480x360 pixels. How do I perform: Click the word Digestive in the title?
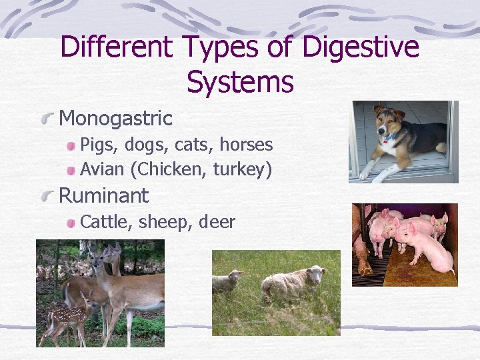[361, 48]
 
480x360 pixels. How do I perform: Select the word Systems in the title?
[240, 83]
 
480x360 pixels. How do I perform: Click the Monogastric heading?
[116, 119]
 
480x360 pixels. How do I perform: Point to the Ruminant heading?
[104, 196]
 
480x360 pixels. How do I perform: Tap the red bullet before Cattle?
[70, 223]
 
